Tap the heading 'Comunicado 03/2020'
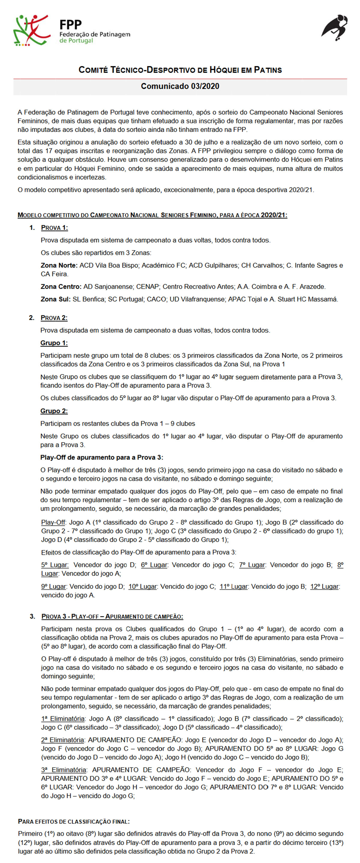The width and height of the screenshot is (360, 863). tap(180, 86)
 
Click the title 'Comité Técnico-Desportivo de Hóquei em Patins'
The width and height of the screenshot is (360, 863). tap(180, 70)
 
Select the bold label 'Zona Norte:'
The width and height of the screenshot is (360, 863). tap(59, 265)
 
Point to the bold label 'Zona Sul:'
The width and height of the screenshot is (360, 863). tap(55, 299)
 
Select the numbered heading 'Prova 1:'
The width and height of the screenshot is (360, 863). tap(54, 228)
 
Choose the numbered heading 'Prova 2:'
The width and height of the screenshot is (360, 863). tap(54, 318)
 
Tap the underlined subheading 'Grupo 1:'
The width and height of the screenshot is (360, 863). tap(54, 343)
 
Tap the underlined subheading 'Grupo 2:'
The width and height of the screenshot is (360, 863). tap(54, 411)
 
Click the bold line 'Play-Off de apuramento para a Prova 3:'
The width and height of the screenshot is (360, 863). tap(102, 458)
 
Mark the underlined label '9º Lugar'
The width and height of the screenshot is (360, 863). tap(54, 587)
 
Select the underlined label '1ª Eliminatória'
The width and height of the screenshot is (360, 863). tap(63, 719)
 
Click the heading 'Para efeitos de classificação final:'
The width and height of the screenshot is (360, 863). tap(74, 822)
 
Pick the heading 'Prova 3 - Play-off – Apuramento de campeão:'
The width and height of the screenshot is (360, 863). tap(112, 616)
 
